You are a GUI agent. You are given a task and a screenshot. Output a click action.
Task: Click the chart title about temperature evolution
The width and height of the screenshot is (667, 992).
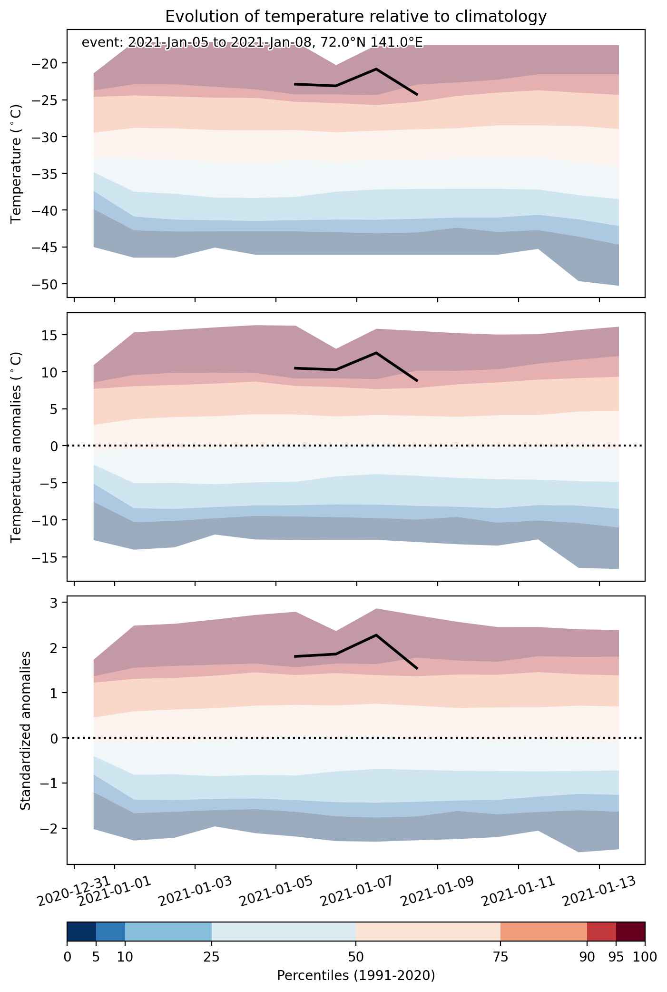tap(356, 17)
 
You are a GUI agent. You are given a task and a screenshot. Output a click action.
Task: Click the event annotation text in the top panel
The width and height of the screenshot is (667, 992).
tap(252, 43)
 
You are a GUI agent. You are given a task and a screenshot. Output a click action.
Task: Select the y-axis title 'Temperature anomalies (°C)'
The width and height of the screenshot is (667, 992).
tap(16, 446)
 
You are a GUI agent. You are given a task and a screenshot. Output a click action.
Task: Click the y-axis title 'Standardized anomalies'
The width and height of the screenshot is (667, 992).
tap(26, 730)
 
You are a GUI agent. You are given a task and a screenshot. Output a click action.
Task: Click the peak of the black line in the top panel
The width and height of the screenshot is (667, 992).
tap(376, 69)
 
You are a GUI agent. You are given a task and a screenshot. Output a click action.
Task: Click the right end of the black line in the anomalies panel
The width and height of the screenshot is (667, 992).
tap(417, 381)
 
